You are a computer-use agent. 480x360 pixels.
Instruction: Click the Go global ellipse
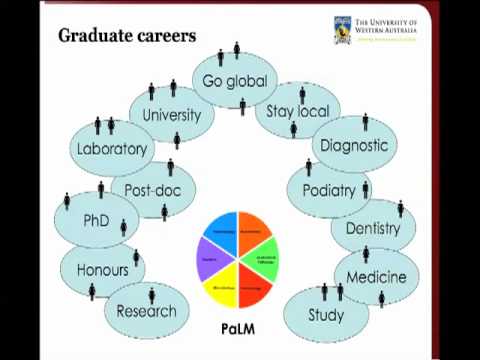click(x=235, y=81)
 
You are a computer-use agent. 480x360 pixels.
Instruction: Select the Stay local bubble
click(x=297, y=111)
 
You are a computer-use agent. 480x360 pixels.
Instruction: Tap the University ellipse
click(x=171, y=115)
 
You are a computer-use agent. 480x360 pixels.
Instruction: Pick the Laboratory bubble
click(x=111, y=149)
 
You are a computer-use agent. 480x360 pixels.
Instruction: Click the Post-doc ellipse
click(x=153, y=189)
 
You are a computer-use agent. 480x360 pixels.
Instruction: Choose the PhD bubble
click(x=96, y=221)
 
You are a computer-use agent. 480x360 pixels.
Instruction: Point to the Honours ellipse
click(x=102, y=270)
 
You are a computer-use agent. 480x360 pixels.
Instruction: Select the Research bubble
click(x=146, y=311)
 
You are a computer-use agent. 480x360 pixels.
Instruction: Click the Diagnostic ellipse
click(x=354, y=146)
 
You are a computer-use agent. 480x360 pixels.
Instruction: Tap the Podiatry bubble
click(x=329, y=190)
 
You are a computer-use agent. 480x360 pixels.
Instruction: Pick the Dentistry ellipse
click(x=372, y=229)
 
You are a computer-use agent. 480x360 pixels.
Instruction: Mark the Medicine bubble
click(x=376, y=277)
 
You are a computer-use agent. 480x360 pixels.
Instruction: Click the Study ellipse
click(x=326, y=315)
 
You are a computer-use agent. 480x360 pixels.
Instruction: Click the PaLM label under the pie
click(x=238, y=329)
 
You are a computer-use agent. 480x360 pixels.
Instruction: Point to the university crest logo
click(x=342, y=29)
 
